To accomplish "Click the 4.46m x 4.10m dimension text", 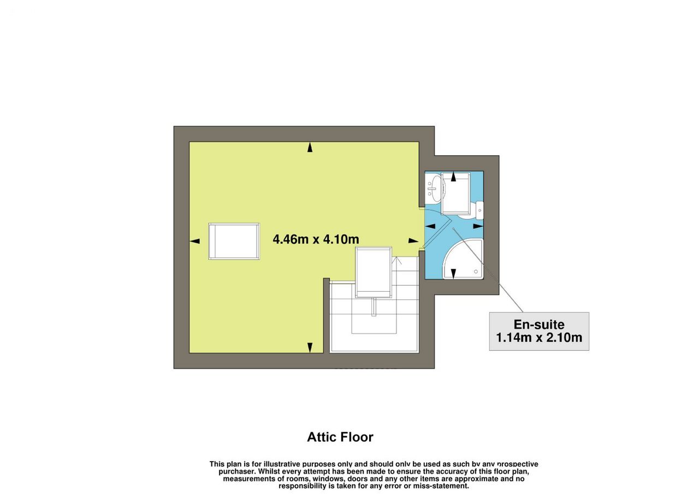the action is click(x=316, y=239).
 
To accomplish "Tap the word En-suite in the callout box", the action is click(x=539, y=325).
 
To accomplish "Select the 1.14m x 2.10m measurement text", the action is click(x=539, y=338).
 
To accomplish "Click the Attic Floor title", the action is click(x=340, y=437).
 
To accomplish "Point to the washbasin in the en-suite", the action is click(x=434, y=188).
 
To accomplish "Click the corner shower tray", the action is click(x=464, y=259).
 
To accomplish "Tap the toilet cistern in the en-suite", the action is click(x=479, y=210).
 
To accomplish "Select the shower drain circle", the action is click(x=476, y=272).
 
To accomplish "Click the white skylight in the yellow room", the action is click(x=234, y=241).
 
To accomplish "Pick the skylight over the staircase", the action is click(x=374, y=273).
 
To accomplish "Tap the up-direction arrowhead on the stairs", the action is click(x=396, y=260).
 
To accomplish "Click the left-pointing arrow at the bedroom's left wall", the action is click(x=195, y=241).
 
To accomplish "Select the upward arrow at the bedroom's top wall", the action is click(x=310, y=147).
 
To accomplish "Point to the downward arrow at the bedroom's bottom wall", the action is click(x=310, y=347).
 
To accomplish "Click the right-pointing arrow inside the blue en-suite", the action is click(x=478, y=226).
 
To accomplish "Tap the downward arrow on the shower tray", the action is click(x=453, y=274).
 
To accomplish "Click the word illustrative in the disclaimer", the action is click(x=282, y=464).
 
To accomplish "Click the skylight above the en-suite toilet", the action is click(x=455, y=194).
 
